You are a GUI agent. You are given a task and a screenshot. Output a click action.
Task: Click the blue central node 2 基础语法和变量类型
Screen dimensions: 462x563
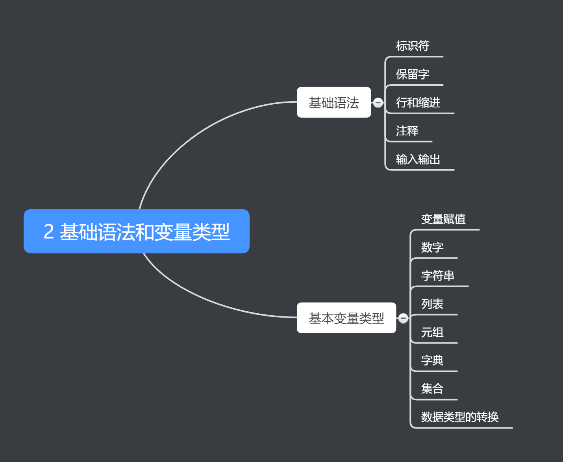pos(136,231)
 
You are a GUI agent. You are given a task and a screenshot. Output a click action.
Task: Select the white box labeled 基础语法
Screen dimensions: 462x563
pos(334,102)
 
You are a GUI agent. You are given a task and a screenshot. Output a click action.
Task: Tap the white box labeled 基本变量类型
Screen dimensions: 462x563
pos(346,318)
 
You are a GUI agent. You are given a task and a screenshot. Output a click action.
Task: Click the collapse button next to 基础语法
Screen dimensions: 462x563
pos(378,103)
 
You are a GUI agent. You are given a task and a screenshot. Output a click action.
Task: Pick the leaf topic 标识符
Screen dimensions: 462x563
pos(413,46)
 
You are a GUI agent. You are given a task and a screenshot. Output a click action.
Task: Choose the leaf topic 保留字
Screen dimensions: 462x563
pos(413,74)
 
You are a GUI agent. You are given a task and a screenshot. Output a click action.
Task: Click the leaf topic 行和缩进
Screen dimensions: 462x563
pos(418,103)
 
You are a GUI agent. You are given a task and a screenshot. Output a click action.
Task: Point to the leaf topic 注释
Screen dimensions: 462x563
pos(407,131)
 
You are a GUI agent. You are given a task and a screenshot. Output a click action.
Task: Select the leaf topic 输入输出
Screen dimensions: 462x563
pos(418,159)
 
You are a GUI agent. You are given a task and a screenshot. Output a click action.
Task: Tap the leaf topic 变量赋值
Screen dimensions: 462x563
pos(443,219)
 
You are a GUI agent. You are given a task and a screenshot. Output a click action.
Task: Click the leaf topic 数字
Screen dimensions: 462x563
pos(432,248)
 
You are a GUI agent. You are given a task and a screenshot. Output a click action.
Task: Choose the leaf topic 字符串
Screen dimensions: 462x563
pos(438,276)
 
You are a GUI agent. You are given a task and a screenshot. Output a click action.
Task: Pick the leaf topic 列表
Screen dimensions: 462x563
pos(432,304)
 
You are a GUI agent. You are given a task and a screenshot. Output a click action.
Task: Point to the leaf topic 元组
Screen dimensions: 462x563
pos(432,333)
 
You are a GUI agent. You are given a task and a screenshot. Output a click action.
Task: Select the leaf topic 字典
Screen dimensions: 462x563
pos(432,360)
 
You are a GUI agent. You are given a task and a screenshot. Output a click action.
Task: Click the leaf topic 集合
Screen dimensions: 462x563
pos(432,389)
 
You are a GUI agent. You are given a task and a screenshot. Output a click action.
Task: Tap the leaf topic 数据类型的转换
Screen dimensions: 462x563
pos(460,417)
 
